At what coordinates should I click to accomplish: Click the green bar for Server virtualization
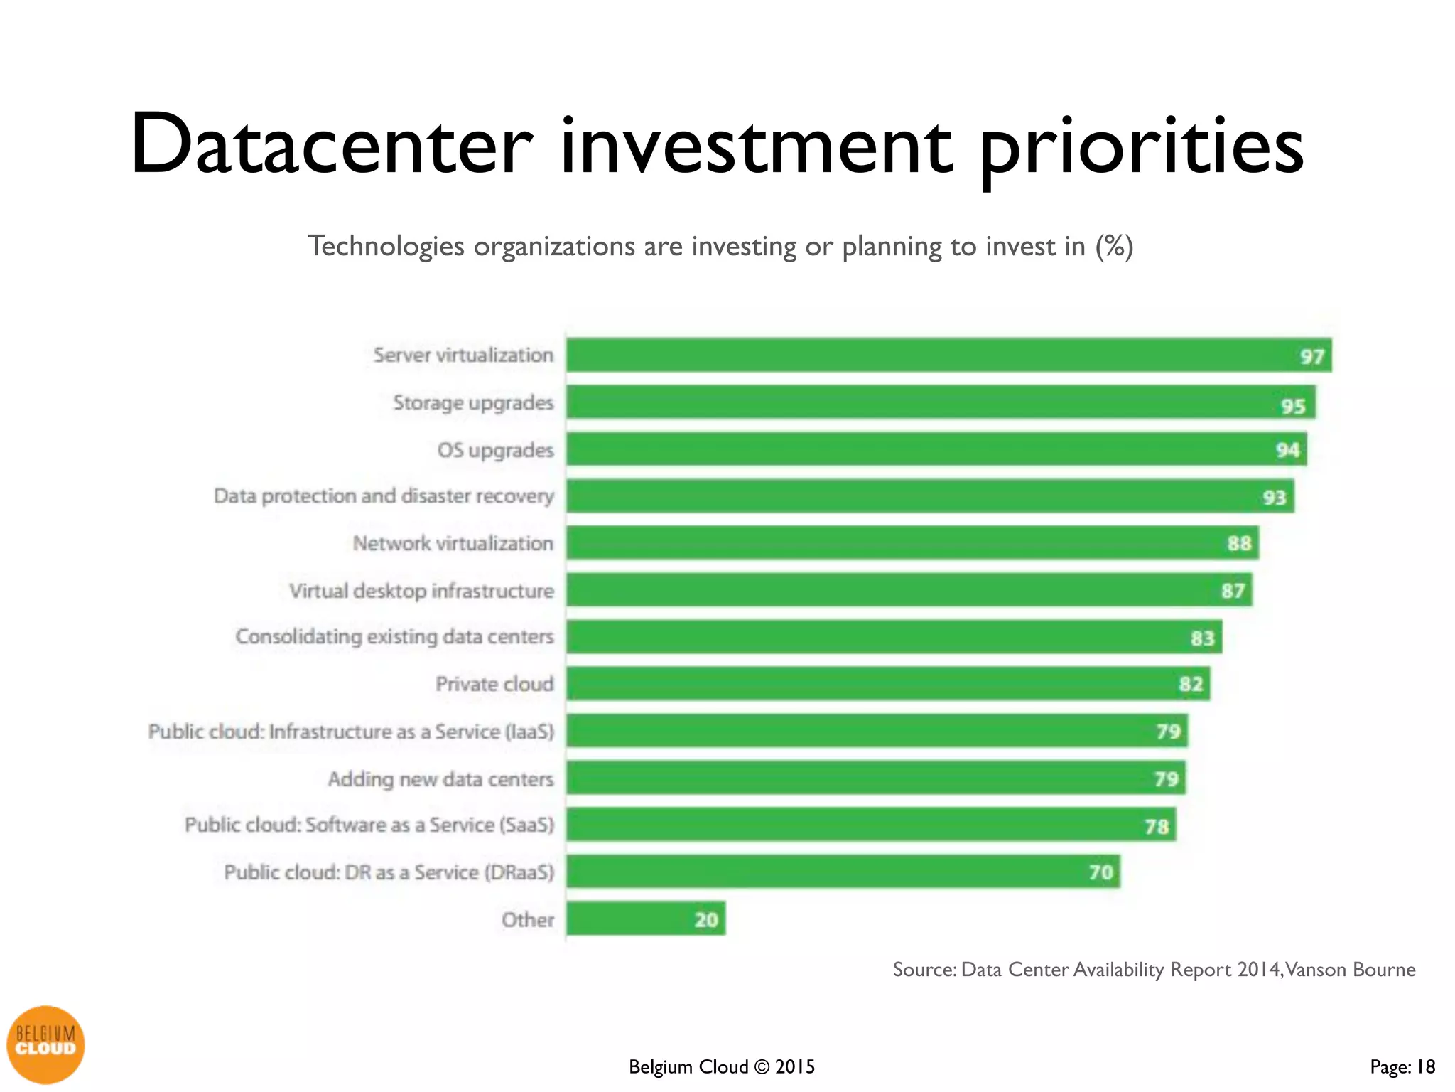[x=948, y=355]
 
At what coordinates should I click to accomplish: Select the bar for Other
[x=645, y=919]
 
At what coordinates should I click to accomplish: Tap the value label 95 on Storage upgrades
[x=1293, y=406]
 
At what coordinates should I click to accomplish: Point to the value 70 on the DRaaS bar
[x=1100, y=872]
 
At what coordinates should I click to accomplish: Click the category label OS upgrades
[x=495, y=450]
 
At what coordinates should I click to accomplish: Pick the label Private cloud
[x=494, y=684]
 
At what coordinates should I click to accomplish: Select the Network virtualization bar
[x=912, y=543]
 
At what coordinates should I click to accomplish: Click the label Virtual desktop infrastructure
[x=421, y=591]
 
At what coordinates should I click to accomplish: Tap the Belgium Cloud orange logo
[x=45, y=1044]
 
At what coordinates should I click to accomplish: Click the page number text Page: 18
[x=1402, y=1066]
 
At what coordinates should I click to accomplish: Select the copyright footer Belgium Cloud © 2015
[x=722, y=1066]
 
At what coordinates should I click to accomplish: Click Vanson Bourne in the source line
[x=1351, y=970]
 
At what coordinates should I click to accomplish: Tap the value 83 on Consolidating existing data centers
[x=1202, y=638]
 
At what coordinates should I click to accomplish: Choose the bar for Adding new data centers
[x=875, y=778]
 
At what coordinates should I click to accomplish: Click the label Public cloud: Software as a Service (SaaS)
[x=369, y=825]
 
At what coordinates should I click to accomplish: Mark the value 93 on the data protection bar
[x=1274, y=497]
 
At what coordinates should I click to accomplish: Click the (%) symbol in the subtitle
[x=1114, y=246]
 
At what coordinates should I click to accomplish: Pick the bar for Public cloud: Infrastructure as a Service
[x=877, y=731]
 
